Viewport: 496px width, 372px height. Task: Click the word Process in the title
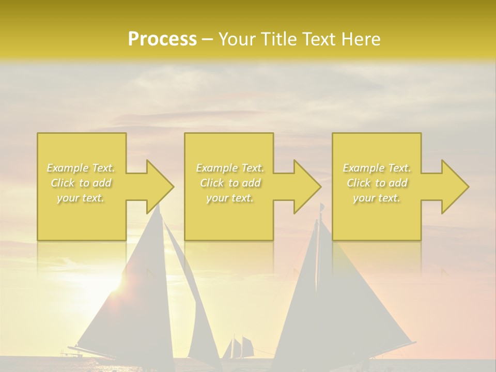pos(162,39)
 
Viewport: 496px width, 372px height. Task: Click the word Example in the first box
pos(68,168)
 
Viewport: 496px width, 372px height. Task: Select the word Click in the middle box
pos(211,183)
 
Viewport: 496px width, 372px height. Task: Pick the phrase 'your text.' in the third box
pos(377,198)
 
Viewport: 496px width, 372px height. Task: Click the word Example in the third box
pos(364,168)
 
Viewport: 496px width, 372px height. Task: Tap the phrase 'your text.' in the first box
pos(81,198)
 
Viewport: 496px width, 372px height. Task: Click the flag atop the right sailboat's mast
pos(321,207)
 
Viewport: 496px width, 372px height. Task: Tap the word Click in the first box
pos(63,183)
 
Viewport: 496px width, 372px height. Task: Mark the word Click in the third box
pos(359,183)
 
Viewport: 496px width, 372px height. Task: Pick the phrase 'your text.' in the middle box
pos(230,198)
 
